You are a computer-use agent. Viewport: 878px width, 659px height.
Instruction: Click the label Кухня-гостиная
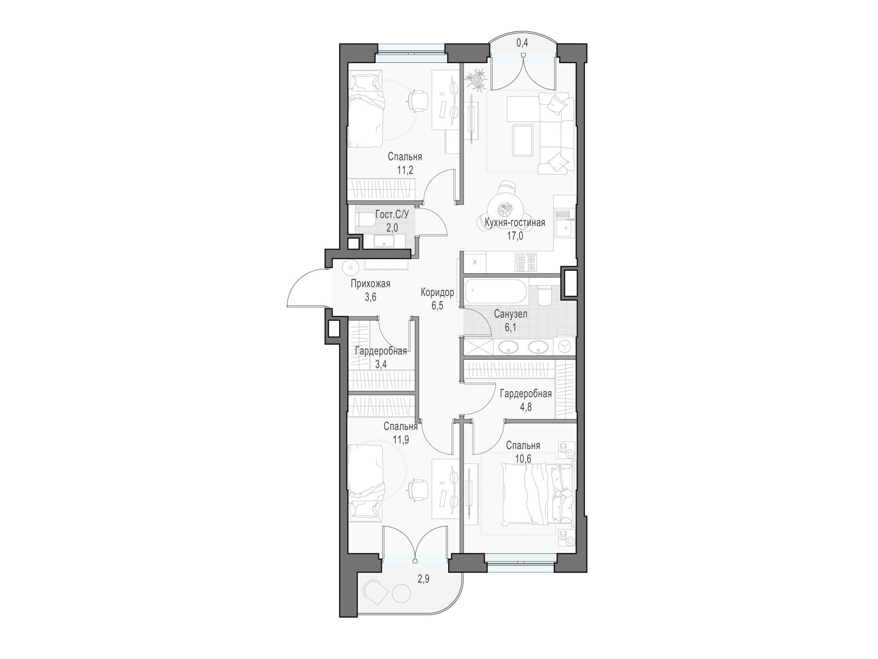coord(515,223)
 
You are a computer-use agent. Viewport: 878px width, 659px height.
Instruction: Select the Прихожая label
coord(371,284)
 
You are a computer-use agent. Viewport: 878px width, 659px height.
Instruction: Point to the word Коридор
coord(437,292)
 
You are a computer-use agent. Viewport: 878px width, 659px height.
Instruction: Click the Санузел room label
coord(511,314)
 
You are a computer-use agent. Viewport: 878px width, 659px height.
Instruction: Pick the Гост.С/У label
coord(392,215)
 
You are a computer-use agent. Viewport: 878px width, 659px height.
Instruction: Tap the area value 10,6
coord(523,459)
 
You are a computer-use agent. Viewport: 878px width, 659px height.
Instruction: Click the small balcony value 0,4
coord(522,43)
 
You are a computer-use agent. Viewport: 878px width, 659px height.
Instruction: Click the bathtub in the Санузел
coord(495,291)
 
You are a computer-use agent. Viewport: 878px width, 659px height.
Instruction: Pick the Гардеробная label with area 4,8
coord(526,394)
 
